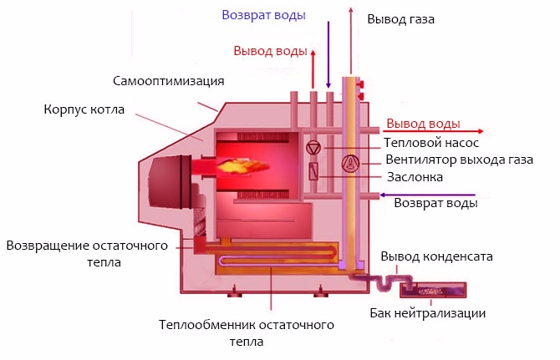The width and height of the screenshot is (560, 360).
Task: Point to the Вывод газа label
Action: [x=400, y=18]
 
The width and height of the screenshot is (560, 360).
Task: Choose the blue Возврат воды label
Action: [x=263, y=15]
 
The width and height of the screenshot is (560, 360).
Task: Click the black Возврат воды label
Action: [x=435, y=203]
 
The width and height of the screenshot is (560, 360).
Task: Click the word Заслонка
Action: [x=415, y=177]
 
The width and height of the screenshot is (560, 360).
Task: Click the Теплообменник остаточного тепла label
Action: [x=246, y=332]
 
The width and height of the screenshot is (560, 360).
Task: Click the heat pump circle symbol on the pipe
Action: [x=313, y=149]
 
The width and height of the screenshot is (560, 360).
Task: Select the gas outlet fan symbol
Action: [x=352, y=163]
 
